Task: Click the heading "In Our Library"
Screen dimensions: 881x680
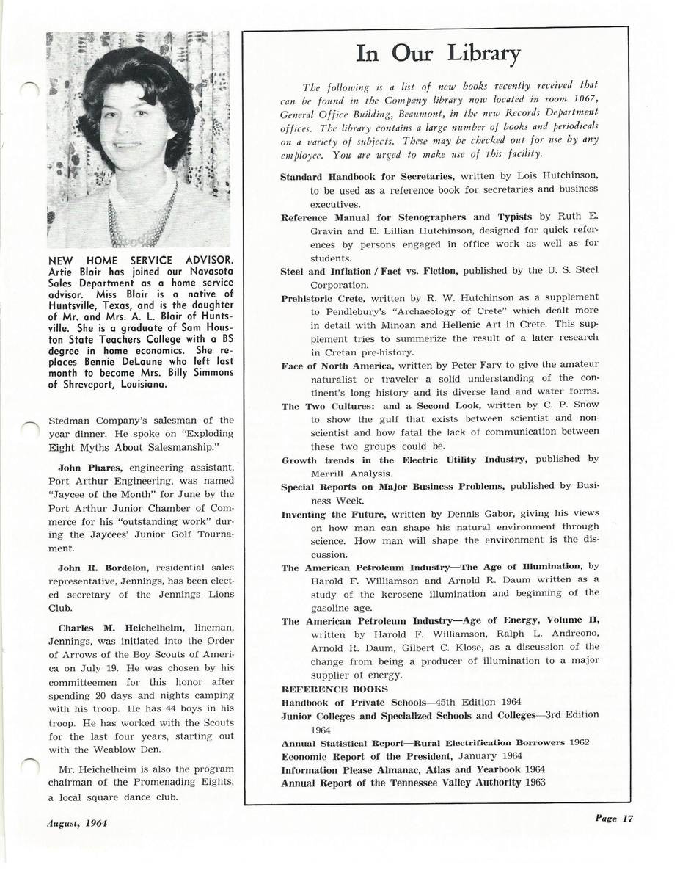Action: (x=438, y=54)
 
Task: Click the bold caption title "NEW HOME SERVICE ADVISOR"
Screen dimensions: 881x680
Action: (x=140, y=260)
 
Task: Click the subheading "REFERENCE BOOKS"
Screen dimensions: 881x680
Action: (x=324, y=689)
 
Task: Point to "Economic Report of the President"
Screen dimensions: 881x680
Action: (x=365, y=756)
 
